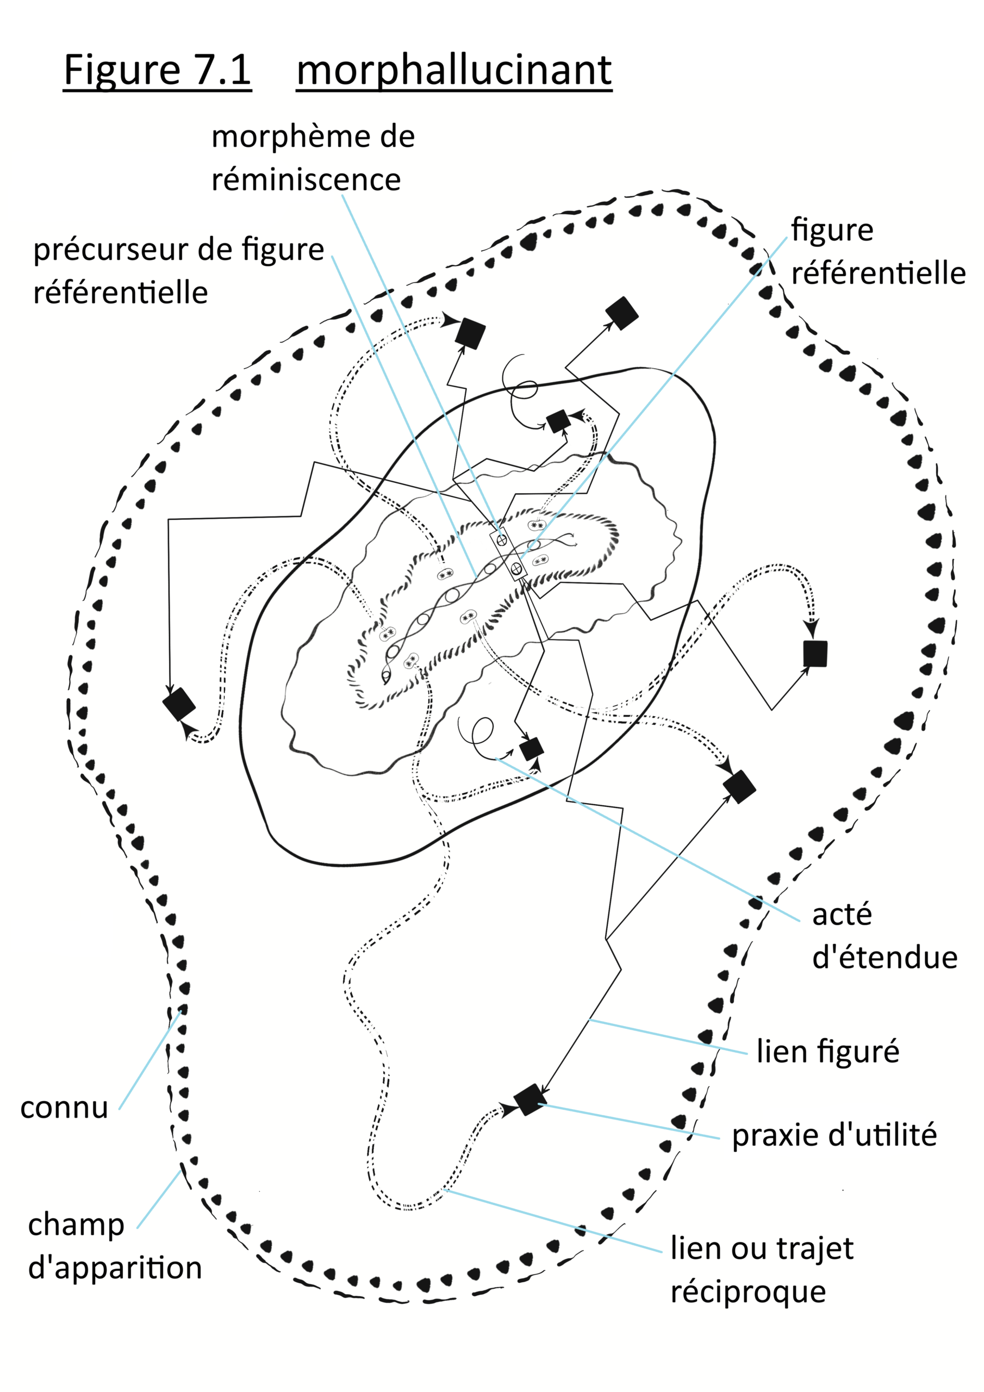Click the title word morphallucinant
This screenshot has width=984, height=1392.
pos(453,70)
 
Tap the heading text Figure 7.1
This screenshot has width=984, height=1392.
pos(157,70)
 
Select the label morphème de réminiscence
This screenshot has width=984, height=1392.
pos(312,158)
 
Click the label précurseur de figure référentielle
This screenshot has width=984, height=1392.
pos(179,270)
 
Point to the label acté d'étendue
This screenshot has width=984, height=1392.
pos(884,935)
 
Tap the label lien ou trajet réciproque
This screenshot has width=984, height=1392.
pos(762,1270)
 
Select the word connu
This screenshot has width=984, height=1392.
pos(64,1108)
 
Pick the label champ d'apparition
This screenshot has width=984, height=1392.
pos(115,1246)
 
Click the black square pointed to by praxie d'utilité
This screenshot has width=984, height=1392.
pos(530,1099)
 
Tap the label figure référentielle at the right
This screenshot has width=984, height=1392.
pos(878,251)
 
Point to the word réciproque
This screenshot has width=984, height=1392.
pos(748,1291)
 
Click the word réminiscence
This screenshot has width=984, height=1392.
pos(306,179)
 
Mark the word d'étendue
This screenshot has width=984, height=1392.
pos(885,958)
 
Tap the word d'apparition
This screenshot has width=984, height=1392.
pos(115,1267)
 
